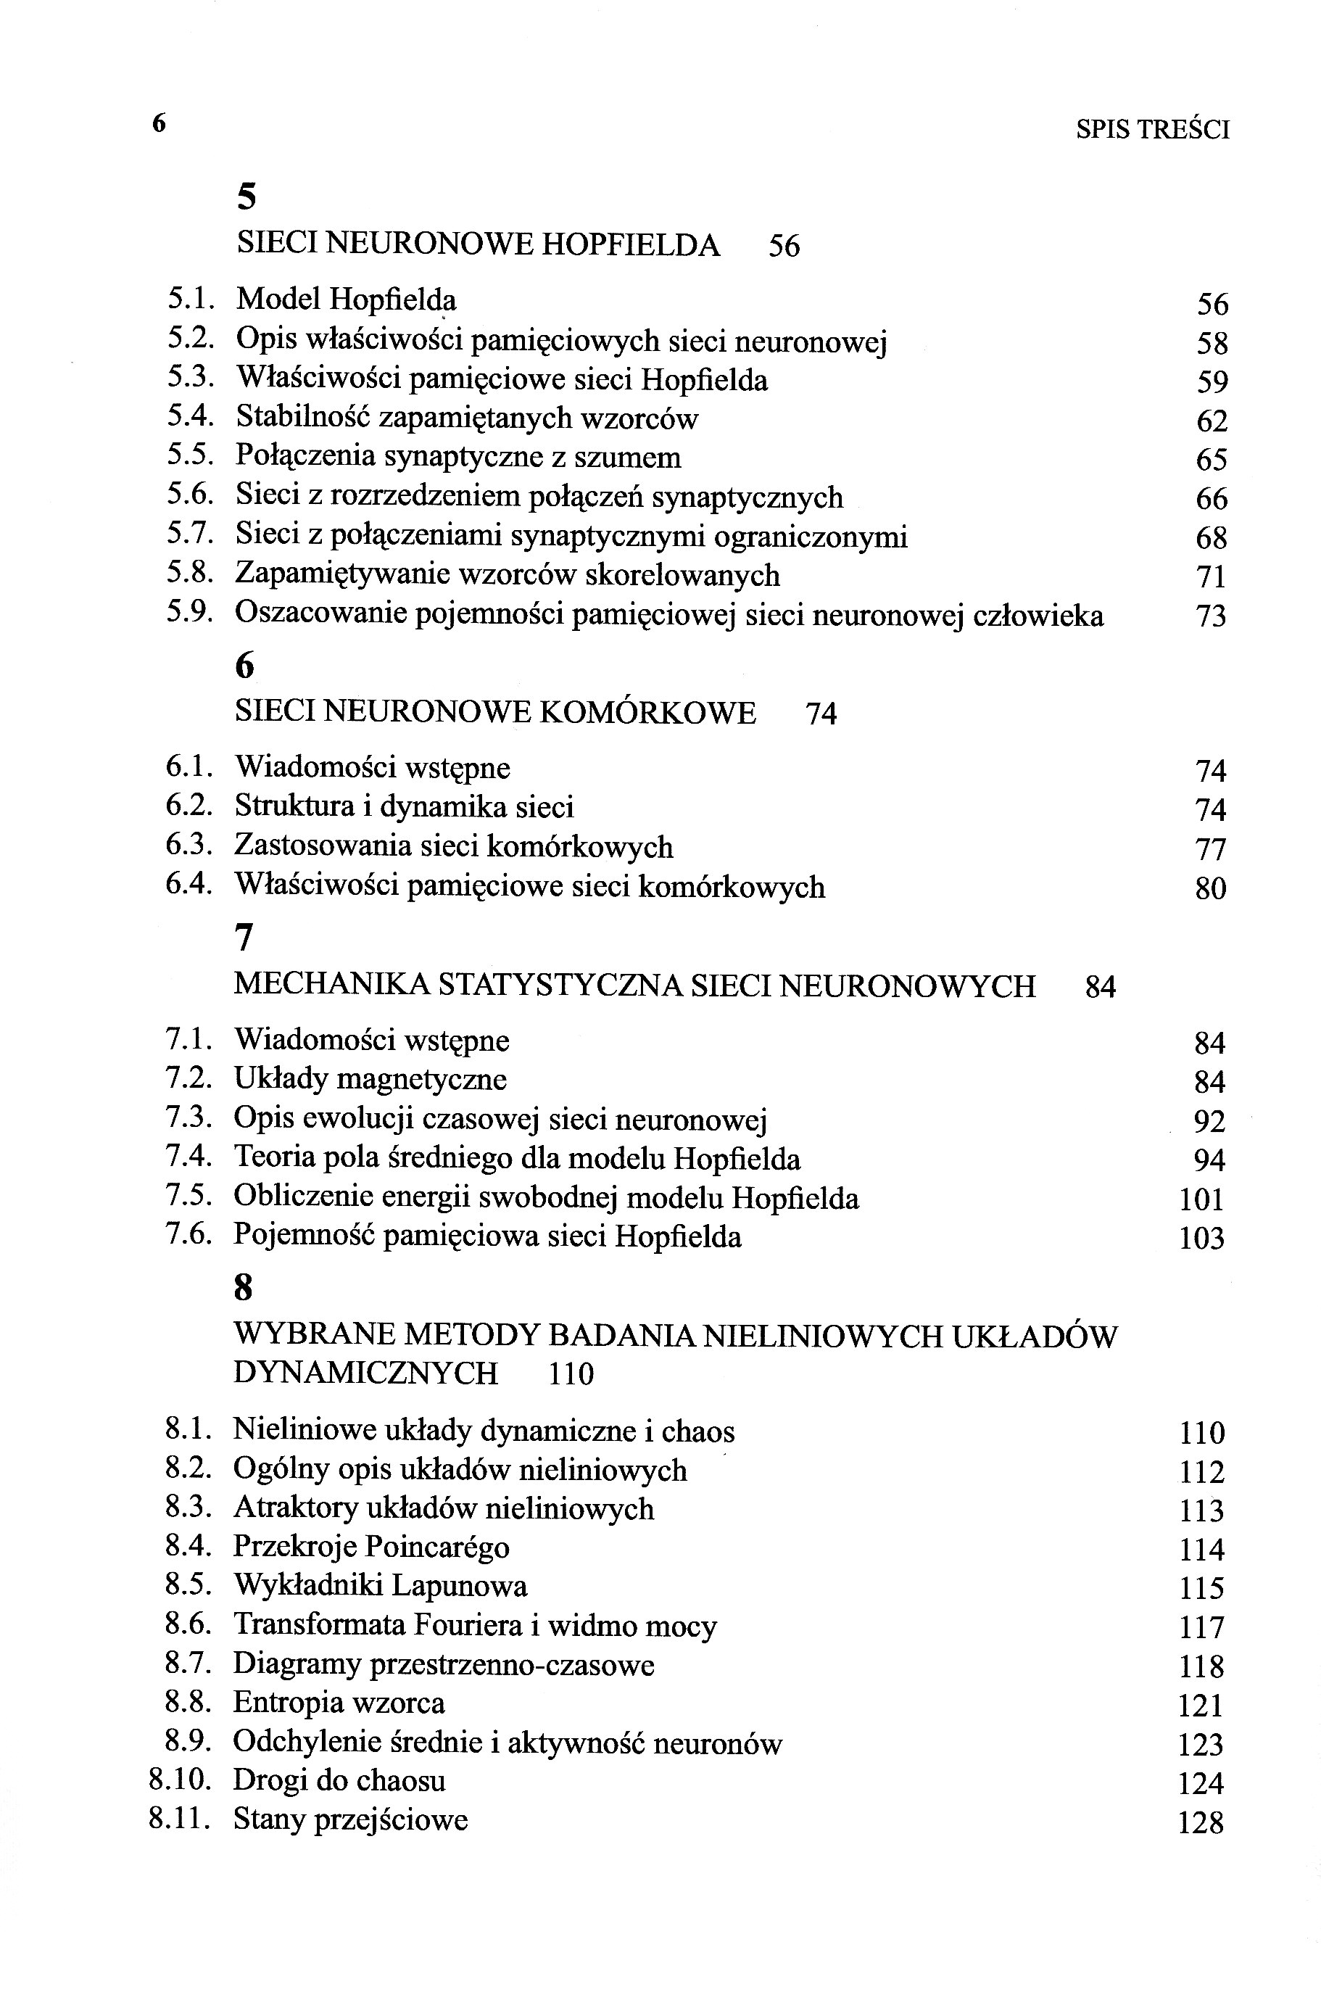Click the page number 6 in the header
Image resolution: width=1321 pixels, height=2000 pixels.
[158, 124]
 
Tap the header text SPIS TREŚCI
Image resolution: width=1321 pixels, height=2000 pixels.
[1153, 130]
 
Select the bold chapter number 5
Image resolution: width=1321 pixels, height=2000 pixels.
[246, 197]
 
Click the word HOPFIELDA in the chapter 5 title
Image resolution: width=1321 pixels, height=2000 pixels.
[630, 244]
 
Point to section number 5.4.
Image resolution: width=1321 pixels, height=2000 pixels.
[189, 417]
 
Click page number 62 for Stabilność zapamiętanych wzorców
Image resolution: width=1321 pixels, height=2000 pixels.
[1212, 421]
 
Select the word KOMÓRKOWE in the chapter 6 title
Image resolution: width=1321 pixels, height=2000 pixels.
[647, 713]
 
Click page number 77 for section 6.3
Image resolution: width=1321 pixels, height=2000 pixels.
[1211, 849]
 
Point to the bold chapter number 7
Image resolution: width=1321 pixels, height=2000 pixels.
[244, 937]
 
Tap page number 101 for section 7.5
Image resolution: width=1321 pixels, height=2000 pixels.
[1201, 1199]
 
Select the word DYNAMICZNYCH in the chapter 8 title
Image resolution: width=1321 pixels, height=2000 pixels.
[365, 1373]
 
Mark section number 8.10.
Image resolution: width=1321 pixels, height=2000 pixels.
[178, 1780]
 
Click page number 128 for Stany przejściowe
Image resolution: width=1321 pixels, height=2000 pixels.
[1201, 1823]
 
